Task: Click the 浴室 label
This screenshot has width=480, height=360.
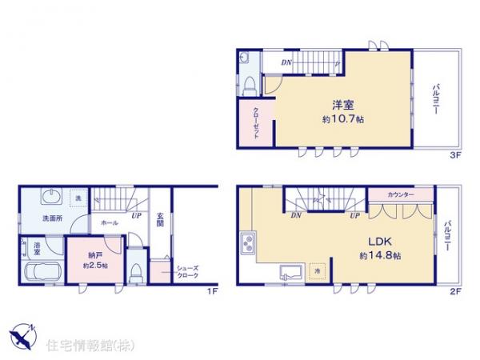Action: pos(37,247)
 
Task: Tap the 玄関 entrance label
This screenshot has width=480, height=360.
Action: pos(160,219)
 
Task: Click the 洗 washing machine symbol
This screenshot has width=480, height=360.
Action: pos(78,198)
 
